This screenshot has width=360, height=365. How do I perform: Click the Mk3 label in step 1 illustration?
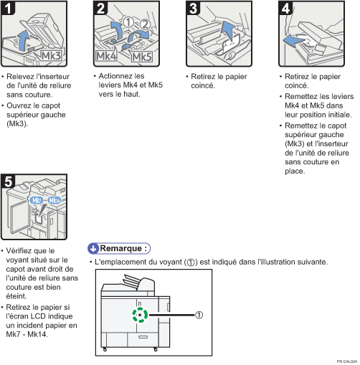tap(52, 55)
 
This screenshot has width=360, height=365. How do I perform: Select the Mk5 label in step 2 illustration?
tap(142, 56)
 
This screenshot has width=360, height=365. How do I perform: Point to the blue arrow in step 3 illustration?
tap(228, 32)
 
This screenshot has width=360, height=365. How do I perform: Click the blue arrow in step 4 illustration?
tap(293, 42)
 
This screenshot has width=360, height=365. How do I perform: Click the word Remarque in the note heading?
tap(123, 248)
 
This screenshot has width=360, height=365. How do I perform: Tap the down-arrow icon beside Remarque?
tap(93, 248)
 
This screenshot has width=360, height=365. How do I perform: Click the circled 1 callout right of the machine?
tap(200, 313)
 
